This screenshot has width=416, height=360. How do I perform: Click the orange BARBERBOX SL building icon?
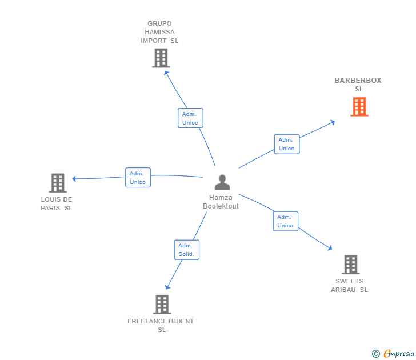tap(359, 107)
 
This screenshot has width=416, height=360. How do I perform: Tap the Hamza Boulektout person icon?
tap(222, 182)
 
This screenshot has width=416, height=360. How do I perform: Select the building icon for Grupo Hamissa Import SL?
tap(161, 58)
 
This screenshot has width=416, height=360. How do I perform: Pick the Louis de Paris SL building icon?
tap(58, 183)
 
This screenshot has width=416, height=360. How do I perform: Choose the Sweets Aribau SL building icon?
tap(350, 265)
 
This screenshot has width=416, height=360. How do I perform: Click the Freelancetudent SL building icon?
tap(162, 305)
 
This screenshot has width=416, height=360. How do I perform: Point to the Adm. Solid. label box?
tap(186, 250)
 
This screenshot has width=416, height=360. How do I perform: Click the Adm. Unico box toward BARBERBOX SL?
tap(286, 144)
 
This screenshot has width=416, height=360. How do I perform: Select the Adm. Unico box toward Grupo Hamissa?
tap(190, 118)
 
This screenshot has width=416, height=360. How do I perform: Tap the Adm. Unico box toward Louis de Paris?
tap(138, 178)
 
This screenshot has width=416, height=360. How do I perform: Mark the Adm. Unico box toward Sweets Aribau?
tap(285, 221)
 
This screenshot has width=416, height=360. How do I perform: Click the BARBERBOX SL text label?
tap(358, 85)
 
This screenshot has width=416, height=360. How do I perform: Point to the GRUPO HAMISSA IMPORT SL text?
tap(160, 32)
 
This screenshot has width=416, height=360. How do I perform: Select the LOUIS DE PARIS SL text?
tap(57, 203)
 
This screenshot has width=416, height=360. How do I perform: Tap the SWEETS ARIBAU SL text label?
tap(350, 285)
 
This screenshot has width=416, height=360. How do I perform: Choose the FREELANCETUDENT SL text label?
tap(161, 325)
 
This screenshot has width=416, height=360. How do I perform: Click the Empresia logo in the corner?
tap(398, 354)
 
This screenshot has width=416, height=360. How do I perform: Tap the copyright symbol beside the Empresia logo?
tap(376, 354)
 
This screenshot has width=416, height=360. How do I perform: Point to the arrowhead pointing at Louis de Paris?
tap(74, 179)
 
